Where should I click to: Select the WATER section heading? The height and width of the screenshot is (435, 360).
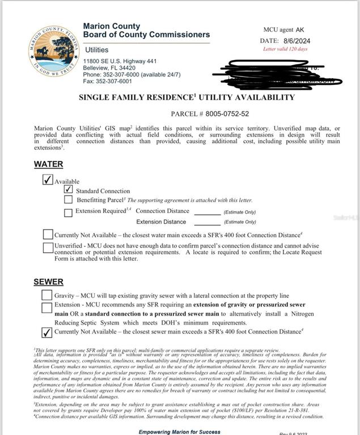click(x=48, y=164)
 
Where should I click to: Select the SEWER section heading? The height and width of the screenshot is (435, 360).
click(x=48, y=282)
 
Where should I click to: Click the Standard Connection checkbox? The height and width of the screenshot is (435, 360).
click(x=69, y=190)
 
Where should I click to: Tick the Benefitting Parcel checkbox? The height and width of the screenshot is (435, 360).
click(x=69, y=199)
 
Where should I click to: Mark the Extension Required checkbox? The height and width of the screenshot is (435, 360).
click(x=69, y=212)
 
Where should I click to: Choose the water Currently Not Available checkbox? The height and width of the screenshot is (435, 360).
click(x=48, y=234)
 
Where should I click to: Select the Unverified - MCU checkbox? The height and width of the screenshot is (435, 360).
click(x=48, y=248)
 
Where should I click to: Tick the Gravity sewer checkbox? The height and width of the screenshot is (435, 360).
click(x=46, y=295)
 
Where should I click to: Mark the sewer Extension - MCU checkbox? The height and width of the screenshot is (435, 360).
click(x=46, y=308)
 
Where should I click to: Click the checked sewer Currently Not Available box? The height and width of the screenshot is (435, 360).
click(x=47, y=332)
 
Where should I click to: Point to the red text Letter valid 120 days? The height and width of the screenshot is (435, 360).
click(x=285, y=49)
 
